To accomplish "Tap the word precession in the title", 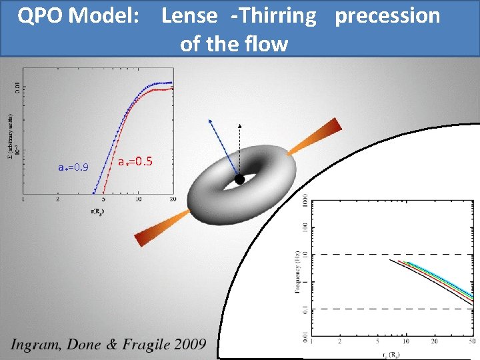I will click(x=387, y=16).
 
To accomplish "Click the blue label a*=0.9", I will click(x=73, y=167).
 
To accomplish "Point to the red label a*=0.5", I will click(x=135, y=161).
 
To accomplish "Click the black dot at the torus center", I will click(x=239, y=179).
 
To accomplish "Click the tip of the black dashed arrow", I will click(x=240, y=125).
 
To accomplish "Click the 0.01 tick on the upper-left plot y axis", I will click(x=17, y=85).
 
